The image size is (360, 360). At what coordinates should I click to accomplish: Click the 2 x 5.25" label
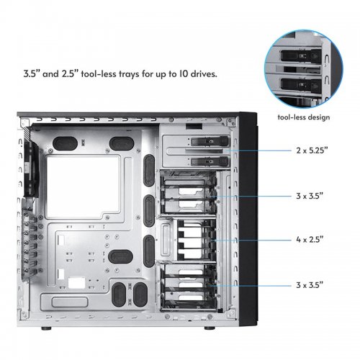click(x=310, y=152)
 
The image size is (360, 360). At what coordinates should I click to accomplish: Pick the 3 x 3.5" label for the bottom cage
click(x=310, y=287)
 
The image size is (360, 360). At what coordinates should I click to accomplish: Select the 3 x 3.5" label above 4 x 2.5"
click(x=310, y=196)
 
